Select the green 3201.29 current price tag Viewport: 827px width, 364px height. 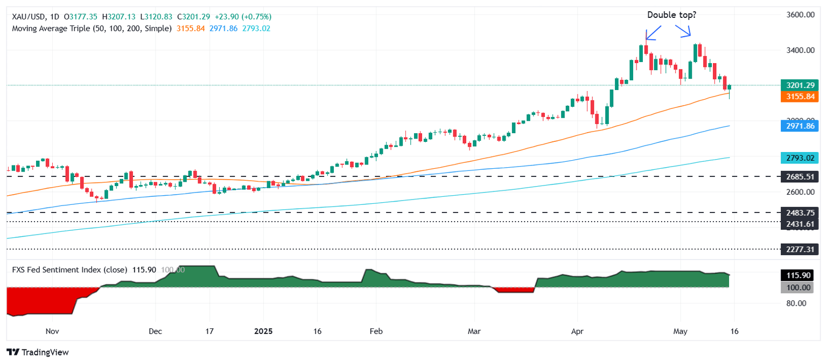pos(800,85)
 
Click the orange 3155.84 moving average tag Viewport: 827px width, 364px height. pos(800,97)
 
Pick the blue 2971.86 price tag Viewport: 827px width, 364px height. pos(800,126)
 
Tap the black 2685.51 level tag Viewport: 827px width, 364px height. pos(800,176)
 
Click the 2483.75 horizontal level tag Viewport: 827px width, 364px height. pos(800,212)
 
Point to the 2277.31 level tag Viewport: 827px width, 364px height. pos(800,249)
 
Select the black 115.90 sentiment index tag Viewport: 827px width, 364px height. pos(800,276)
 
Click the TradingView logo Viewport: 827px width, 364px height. pos(38,352)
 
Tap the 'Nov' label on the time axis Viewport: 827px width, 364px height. pos(52,331)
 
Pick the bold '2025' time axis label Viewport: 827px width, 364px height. pos(263,331)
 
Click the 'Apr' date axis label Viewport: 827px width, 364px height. pos(577,331)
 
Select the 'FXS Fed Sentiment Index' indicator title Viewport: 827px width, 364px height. pos(56,270)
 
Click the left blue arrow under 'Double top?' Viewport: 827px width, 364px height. pos(653,34)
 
